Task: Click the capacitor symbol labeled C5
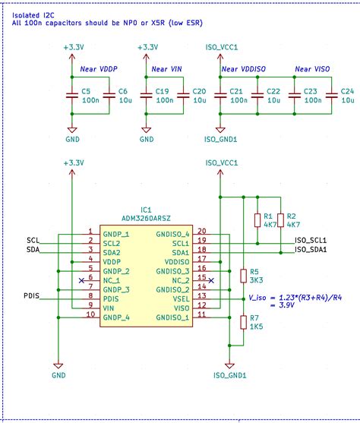(71, 96)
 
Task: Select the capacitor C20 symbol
(183, 96)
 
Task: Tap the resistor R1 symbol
(257, 220)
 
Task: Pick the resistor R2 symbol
(280, 220)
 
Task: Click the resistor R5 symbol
(243, 276)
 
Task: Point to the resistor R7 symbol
(243, 321)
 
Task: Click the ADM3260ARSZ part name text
(146, 217)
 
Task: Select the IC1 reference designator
(146, 209)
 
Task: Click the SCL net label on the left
(32, 241)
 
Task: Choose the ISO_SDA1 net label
(311, 249)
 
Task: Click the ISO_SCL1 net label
(311, 240)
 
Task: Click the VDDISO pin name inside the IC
(174, 262)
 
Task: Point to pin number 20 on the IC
(201, 231)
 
